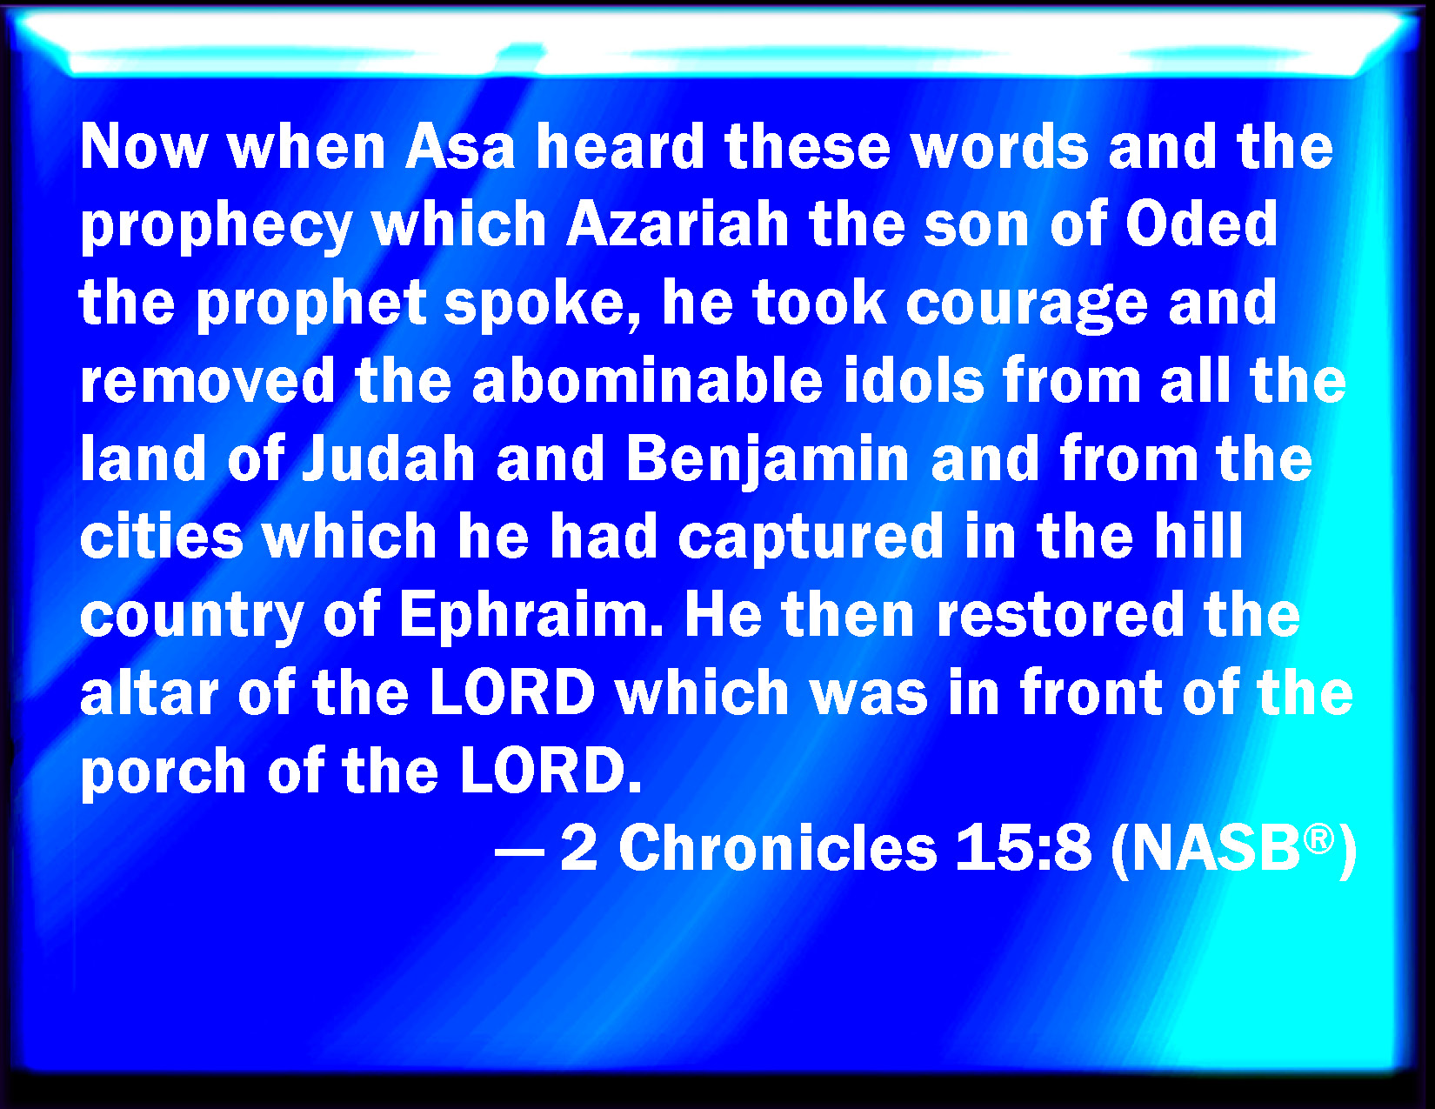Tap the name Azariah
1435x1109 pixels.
677,224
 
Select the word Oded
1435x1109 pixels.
1202,224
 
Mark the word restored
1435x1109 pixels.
1061,614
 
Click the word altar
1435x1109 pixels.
150,691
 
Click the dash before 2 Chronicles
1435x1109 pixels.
519,852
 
